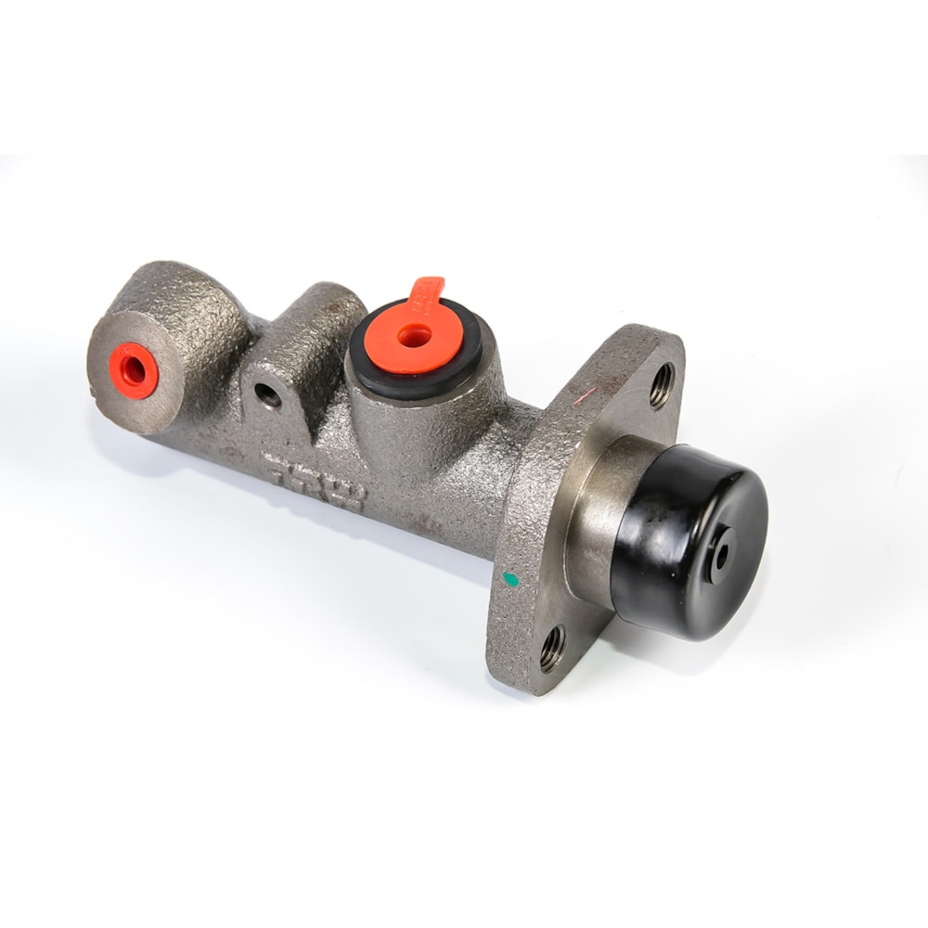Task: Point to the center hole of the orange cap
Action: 414,337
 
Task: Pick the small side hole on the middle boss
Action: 268,396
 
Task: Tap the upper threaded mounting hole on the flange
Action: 662,385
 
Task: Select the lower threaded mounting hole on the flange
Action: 552,647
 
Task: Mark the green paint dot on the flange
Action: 509,580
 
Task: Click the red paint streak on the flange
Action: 585,397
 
